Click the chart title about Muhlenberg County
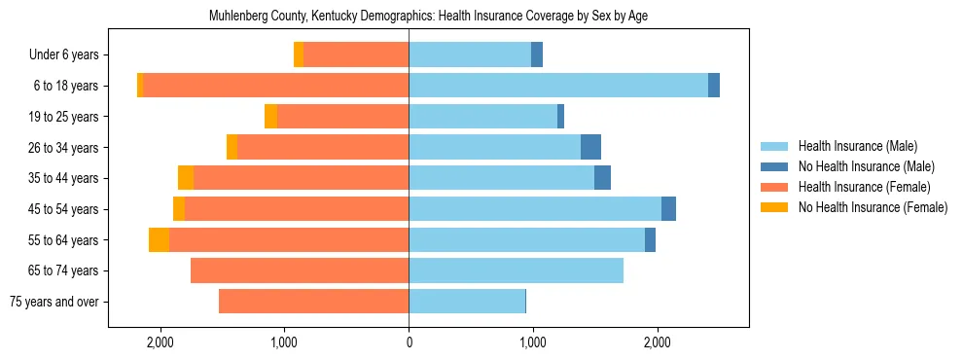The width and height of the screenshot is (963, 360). [428, 17]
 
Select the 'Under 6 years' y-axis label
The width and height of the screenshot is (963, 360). [70, 55]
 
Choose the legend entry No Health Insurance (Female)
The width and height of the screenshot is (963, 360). [873, 207]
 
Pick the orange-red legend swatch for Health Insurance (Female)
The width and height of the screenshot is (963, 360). [774, 187]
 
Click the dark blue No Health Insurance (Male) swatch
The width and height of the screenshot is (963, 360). [774, 166]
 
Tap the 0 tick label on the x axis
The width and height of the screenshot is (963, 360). [409, 342]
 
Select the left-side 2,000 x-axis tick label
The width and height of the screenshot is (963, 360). [160, 342]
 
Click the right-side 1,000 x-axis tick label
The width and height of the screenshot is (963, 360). [532, 342]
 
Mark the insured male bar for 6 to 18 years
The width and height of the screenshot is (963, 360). [558, 86]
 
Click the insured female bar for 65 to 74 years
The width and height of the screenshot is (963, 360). [300, 270]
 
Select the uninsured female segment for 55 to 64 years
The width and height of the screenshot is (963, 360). [159, 240]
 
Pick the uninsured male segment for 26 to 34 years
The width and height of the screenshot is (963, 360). [590, 148]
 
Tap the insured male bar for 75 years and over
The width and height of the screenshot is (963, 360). [467, 302]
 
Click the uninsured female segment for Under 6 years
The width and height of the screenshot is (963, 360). [299, 55]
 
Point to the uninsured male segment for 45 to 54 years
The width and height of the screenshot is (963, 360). [668, 209]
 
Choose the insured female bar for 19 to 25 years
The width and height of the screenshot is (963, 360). [342, 117]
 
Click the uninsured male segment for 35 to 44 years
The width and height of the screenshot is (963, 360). [602, 178]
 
